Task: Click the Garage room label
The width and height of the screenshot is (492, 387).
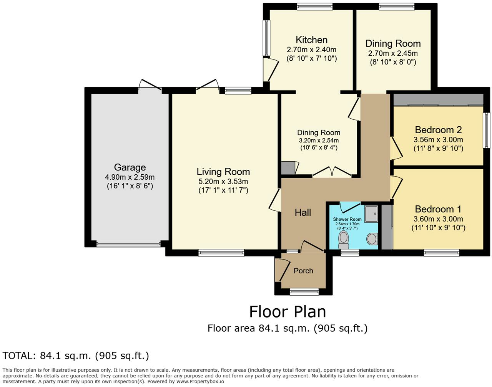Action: coord(130,167)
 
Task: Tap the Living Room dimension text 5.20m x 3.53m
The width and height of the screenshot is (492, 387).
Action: coord(223,181)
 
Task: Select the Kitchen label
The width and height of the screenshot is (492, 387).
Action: coord(311,40)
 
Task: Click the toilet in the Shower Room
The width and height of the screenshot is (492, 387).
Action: coord(343,240)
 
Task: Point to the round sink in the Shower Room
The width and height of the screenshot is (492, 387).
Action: coord(372,239)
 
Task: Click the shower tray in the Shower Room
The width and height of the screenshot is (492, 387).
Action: coord(371,213)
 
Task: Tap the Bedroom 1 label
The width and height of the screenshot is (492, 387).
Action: coord(438,209)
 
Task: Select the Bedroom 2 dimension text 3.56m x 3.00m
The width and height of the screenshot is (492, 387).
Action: coord(438,139)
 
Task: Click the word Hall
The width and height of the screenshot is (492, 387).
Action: coord(303,212)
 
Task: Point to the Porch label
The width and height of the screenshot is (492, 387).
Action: coord(303,271)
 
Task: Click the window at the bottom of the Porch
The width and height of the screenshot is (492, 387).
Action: coord(304,291)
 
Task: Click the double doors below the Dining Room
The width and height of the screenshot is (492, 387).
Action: coord(332,172)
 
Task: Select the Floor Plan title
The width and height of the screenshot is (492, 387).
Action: coord(288,312)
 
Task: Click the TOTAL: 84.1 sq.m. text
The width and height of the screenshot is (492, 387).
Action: coord(76,356)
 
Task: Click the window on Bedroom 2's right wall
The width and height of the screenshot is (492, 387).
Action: coord(487,130)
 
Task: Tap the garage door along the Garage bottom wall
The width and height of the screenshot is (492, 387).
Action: coord(128,244)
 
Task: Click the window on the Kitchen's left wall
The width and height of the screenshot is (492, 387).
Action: coord(266,38)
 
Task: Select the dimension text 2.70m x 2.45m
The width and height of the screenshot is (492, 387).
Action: coord(393,53)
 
